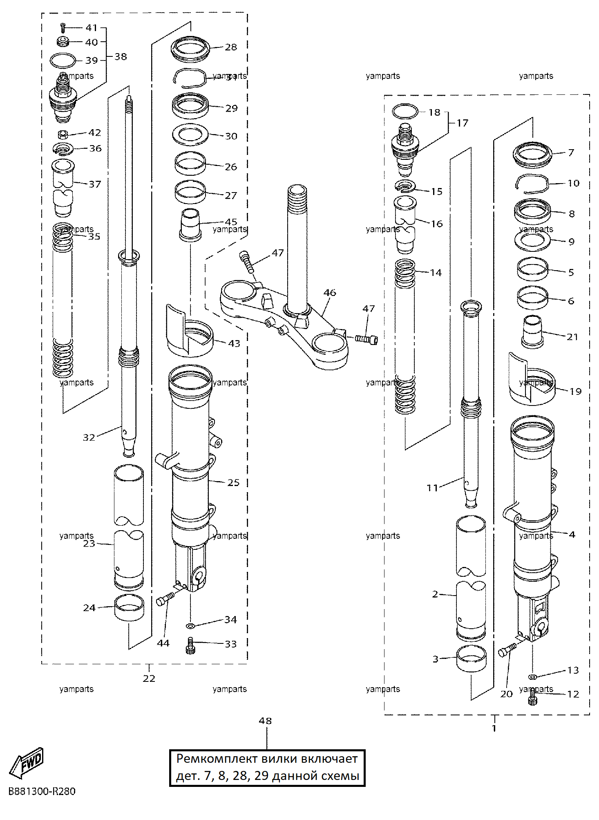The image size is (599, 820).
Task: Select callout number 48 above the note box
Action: click(265, 721)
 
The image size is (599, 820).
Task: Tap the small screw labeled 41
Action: click(63, 27)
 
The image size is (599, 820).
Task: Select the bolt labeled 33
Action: click(190, 645)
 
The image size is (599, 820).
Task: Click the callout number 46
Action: click(330, 293)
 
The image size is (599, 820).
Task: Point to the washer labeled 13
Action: click(532, 677)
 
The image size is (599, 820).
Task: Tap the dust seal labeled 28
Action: click(190, 49)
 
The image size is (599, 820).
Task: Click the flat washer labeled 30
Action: click(190, 134)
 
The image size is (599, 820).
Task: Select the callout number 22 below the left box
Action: click(149, 678)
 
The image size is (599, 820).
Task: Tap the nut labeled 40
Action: click(63, 41)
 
